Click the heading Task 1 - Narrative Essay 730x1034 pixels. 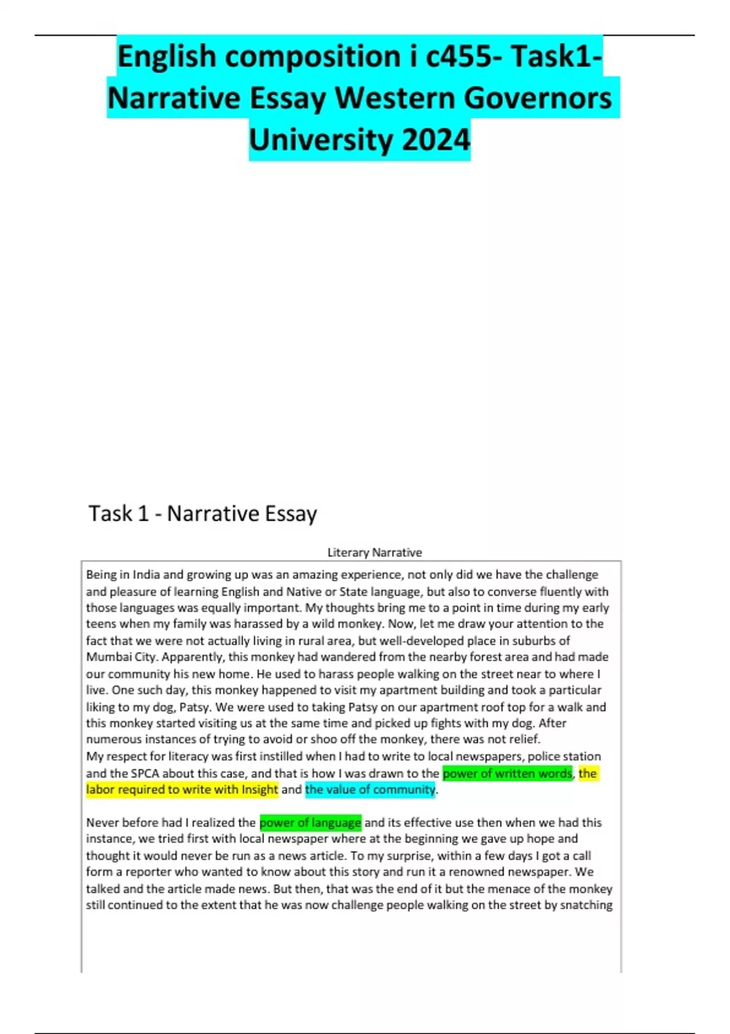click(203, 513)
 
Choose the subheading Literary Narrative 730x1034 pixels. click(374, 552)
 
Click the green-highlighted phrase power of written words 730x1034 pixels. click(507, 773)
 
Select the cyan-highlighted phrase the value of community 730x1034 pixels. click(370, 789)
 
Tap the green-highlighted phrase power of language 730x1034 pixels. click(310, 822)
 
